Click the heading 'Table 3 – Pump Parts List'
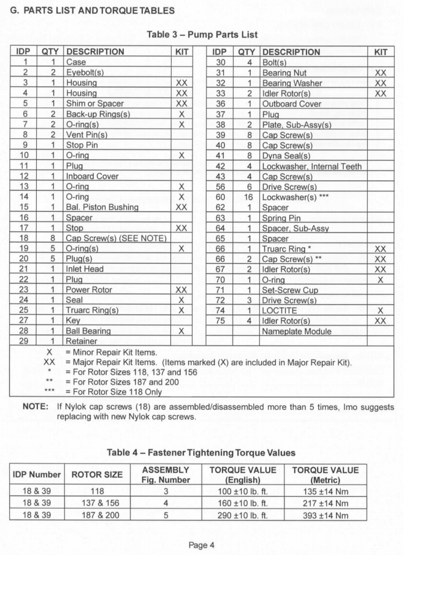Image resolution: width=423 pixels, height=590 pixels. (202, 34)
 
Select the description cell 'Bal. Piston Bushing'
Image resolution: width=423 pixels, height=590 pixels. (102, 207)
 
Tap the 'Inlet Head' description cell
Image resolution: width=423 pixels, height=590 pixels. (85, 269)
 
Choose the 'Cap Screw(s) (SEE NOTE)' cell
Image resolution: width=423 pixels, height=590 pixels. (116, 238)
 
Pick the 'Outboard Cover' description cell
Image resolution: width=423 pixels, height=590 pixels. (291, 103)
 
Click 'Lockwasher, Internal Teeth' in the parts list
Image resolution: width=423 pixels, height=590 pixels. (311, 166)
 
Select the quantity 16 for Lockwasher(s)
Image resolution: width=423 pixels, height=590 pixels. (249, 197)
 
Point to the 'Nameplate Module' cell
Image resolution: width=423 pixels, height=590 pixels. (297, 331)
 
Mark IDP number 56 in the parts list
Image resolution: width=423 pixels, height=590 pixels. (221, 187)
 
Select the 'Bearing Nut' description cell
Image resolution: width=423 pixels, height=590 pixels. (284, 72)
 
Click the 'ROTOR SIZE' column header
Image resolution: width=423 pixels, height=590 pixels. (97, 474)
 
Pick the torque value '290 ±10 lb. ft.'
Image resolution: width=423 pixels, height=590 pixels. (243, 515)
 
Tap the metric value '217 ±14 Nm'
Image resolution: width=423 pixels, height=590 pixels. (325, 503)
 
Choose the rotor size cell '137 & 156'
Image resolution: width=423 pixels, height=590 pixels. (97, 503)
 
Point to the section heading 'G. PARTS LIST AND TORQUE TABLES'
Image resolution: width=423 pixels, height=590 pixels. (91, 10)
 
